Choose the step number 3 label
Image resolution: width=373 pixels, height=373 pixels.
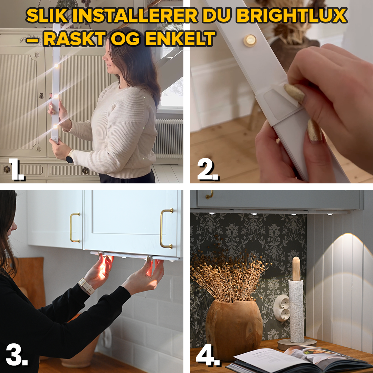pos(16,356)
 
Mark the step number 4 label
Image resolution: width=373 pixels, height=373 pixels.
pos(208,356)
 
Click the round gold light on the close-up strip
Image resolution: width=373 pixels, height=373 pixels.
pos(250,40)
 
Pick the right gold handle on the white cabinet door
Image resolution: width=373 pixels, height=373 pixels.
pos(166,229)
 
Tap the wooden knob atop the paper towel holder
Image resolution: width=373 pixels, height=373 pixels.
pos(296,268)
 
